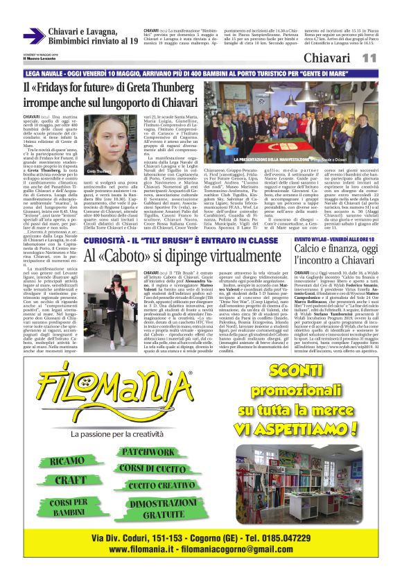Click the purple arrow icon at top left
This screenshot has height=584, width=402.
[x=34, y=35]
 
